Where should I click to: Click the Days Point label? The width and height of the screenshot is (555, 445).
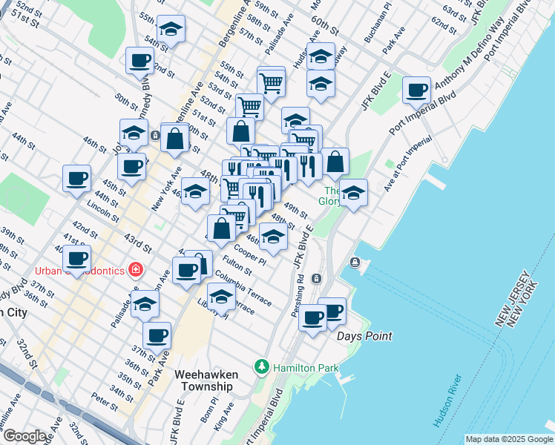[x=364, y=336]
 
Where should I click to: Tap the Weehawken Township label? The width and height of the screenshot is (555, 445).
[x=203, y=380]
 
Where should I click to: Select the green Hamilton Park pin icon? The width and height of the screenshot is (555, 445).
[x=261, y=367]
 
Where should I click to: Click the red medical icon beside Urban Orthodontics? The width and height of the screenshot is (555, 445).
[x=136, y=269]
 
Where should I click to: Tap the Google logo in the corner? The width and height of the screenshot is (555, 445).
[x=24, y=436]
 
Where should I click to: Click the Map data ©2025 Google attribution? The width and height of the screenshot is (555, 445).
[x=508, y=439]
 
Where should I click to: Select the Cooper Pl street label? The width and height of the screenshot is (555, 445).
[x=249, y=252]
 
